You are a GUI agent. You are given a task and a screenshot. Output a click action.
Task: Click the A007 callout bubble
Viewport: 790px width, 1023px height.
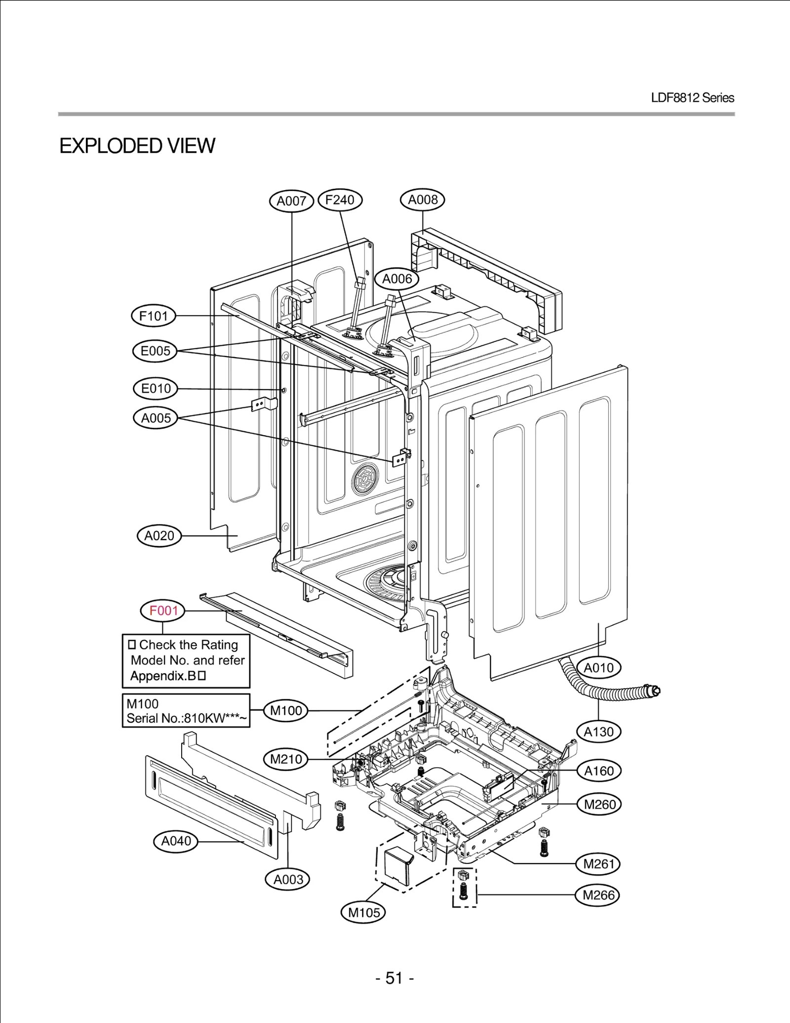pos(291,201)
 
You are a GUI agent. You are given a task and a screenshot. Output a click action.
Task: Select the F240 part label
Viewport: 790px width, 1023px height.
pos(340,200)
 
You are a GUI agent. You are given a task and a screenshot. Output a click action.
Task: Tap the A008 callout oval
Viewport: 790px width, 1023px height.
pos(423,200)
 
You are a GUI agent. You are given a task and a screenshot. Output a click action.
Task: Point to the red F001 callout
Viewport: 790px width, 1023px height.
pos(163,611)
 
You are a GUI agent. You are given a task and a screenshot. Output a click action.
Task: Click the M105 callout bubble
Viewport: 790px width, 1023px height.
pos(364,912)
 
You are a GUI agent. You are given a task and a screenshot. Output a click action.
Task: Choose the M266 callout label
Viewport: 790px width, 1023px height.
pos(598,895)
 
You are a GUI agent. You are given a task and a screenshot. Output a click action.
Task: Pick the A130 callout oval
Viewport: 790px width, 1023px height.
pos(598,732)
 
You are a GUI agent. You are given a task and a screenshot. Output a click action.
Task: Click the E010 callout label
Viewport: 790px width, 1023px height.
pos(156,389)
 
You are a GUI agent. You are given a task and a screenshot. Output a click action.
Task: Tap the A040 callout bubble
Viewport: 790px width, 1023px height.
pos(176,841)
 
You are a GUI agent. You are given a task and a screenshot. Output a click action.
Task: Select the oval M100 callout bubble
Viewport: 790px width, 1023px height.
pos(286,711)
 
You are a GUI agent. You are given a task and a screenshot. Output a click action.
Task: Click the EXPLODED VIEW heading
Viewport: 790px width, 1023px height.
pos(137,146)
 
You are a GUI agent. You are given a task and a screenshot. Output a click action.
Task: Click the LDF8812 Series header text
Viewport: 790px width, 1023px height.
pos(692,98)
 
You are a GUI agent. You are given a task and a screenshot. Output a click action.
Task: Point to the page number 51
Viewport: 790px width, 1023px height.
pos(394,978)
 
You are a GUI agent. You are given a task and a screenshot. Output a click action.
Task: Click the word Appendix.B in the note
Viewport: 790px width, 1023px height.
pos(163,676)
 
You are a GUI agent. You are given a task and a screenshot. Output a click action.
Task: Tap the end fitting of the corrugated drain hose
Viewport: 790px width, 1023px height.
pos(655,690)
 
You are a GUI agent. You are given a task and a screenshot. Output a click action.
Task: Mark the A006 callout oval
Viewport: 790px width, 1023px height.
pos(397,279)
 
